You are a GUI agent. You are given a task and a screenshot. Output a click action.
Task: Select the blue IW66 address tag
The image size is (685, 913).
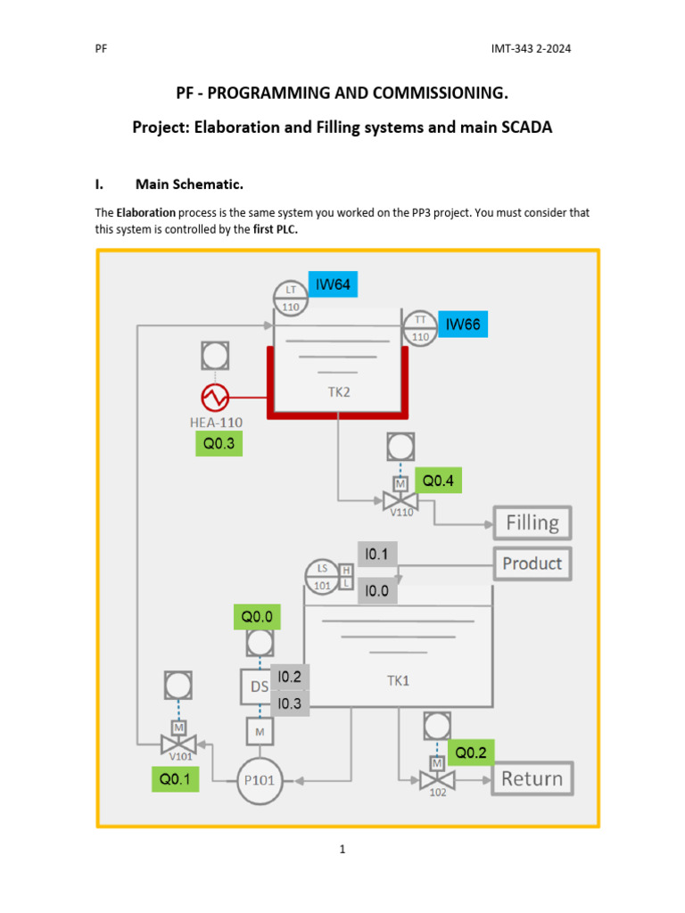tap(463, 325)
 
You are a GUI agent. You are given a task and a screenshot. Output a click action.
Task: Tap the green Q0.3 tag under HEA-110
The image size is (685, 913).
tap(219, 443)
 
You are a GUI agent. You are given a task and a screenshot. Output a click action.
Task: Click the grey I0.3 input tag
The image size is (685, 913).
tap(290, 704)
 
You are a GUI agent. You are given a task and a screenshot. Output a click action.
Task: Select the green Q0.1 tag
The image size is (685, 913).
tap(174, 779)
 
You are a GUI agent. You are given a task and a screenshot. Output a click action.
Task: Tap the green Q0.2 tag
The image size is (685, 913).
tap(470, 753)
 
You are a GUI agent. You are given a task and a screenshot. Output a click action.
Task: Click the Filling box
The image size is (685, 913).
tap(532, 522)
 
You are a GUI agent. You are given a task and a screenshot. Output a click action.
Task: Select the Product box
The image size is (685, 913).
tap(532, 563)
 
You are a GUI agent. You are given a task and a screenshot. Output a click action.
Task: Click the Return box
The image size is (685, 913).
tap(532, 778)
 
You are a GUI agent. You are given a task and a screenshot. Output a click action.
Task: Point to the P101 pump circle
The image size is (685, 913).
tap(260, 780)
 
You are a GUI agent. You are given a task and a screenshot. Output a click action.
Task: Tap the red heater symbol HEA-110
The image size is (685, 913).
tap(215, 395)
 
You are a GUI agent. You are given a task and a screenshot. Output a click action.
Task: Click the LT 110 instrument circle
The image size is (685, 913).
tap(291, 298)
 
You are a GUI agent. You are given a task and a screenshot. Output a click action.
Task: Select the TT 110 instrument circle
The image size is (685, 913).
tap(420, 327)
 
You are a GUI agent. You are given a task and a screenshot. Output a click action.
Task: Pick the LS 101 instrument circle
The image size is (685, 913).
tap(323, 577)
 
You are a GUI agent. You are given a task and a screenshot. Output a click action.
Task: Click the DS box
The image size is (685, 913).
tap(257, 687)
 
